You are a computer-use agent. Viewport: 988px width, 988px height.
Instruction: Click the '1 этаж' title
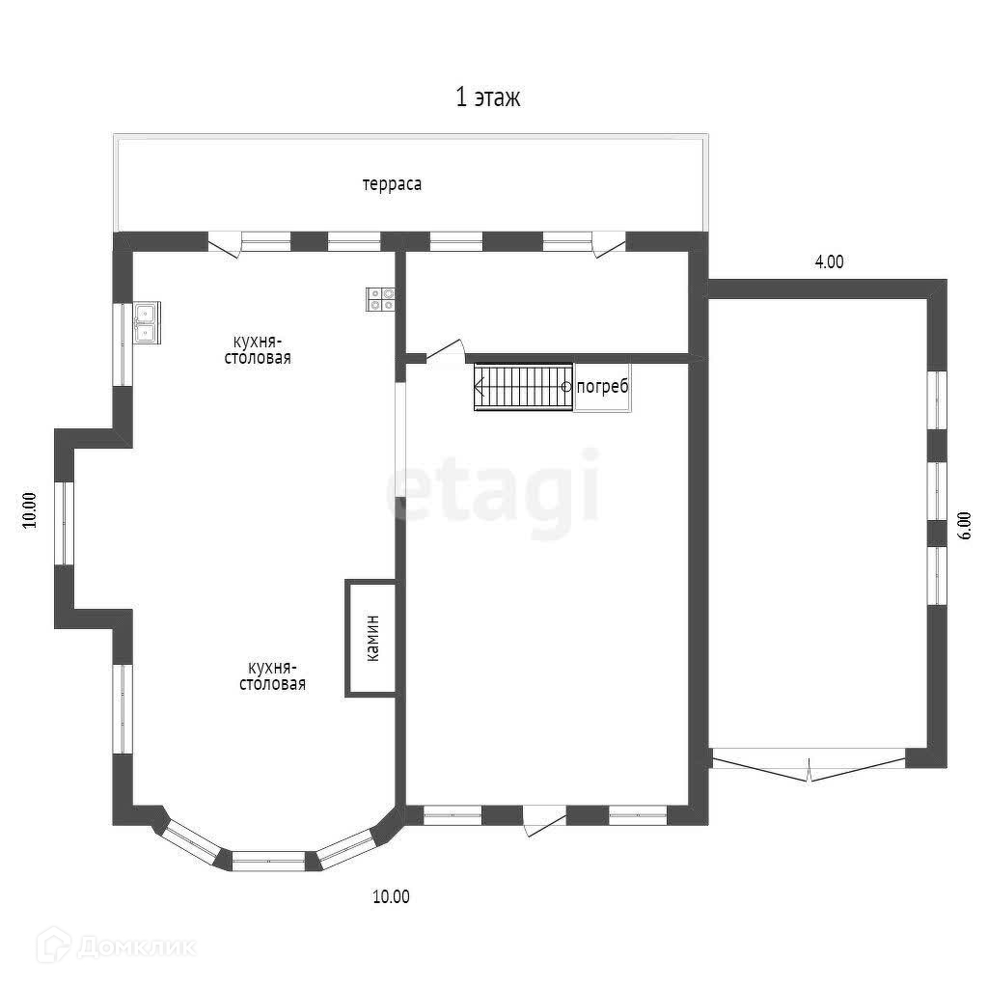click(487, 97)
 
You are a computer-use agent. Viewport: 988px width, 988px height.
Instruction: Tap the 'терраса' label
click(392, 184)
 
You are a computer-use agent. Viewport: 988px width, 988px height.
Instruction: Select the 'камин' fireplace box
click(371, 639)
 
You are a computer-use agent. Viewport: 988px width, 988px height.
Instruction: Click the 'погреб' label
click(602, 386)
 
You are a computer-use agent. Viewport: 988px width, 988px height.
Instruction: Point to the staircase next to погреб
click(523, 387)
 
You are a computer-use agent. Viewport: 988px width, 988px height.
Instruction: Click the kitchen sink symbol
click(147, 322)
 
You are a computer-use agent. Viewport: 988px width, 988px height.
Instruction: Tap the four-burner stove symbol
click(380, 299)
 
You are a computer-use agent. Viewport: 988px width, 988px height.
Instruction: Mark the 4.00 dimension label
click(829, 261)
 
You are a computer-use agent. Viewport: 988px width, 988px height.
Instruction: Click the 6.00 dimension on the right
click(964, 525)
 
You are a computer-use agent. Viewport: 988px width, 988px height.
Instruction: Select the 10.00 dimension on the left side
click(30, 509)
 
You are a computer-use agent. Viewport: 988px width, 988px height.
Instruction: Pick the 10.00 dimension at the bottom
click(392, 896)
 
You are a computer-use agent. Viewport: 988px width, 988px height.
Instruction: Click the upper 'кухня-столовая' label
click(258, 349)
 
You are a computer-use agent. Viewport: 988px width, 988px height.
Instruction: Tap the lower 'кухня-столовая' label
click(272, 675)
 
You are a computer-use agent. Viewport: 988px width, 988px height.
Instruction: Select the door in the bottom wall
click(544, 820)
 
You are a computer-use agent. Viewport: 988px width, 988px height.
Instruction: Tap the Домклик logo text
click(138, 947)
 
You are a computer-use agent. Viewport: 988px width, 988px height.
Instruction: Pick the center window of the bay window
click(268, 861)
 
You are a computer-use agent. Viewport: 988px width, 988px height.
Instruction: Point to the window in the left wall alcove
click(64, 523)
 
